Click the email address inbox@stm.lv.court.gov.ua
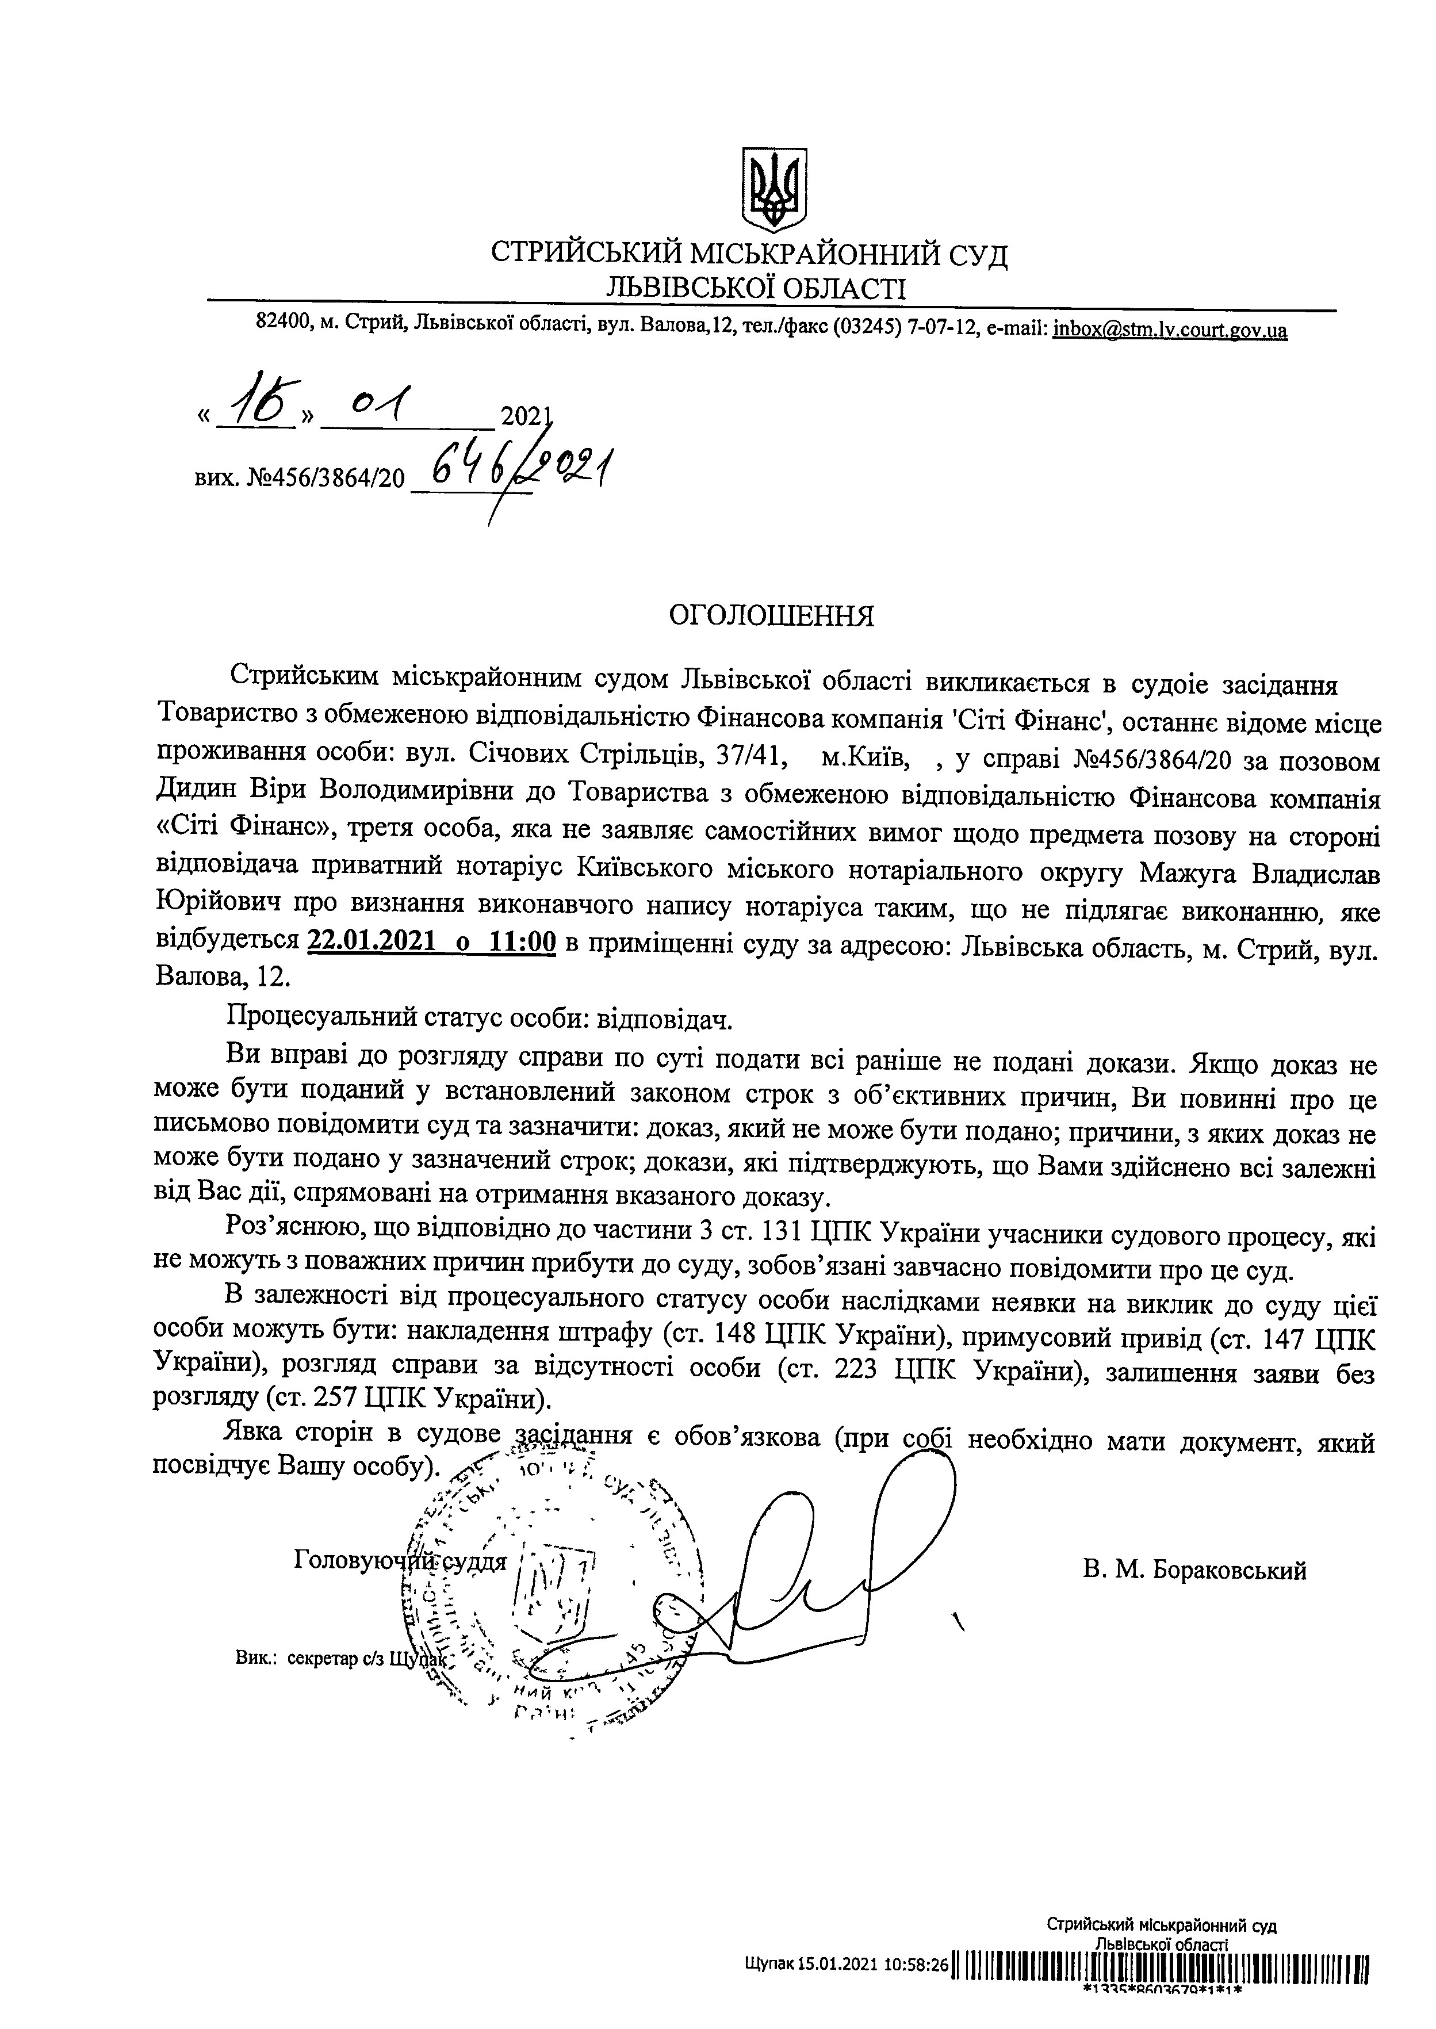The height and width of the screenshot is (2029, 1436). click(x=1170, y=331)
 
